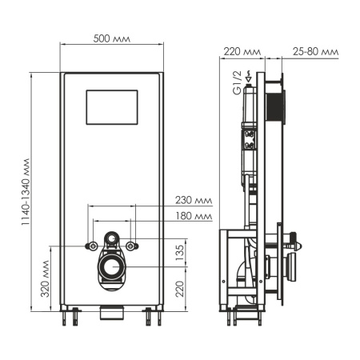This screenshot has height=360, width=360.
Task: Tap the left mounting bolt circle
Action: tap(93, 245)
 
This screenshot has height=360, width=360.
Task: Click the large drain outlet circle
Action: tap(113, 266)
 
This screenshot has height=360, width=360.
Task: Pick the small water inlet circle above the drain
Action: tap(113, 238)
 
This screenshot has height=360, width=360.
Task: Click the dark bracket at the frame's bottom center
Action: tap(113, 309)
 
